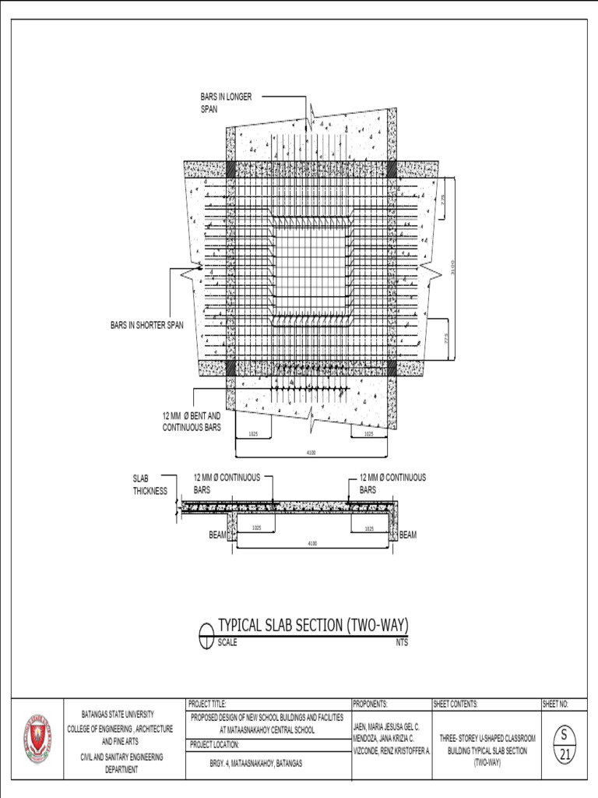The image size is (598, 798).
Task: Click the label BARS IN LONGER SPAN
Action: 226,102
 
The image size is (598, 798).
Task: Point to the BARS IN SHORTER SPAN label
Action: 146,325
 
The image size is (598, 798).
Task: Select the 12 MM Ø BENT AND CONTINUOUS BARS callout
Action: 191,422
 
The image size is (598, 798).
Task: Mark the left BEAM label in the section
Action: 217,535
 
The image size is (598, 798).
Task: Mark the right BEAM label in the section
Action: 409,535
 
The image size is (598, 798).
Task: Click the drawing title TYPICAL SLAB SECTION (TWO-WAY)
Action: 312,625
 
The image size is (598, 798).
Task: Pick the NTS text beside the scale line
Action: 402,643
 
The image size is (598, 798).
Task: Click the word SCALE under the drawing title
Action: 227,643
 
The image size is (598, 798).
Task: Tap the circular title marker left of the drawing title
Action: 206,635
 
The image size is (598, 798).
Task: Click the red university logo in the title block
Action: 37,737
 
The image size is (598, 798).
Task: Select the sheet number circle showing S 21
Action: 564,744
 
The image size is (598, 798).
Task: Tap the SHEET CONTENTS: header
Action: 456,704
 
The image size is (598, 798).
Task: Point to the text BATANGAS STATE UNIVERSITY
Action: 118,714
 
